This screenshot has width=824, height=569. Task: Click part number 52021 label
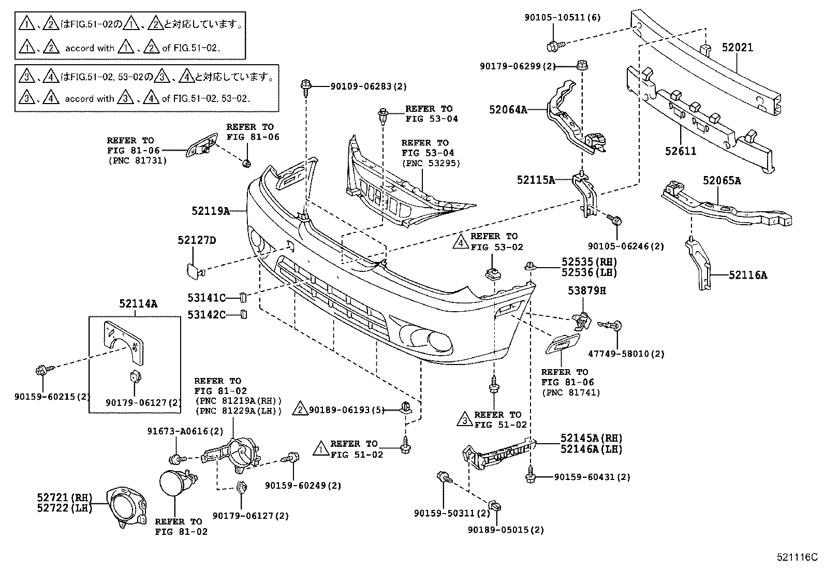click(x=738, y=48)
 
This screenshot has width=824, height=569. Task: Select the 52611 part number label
click(x=681, y=151)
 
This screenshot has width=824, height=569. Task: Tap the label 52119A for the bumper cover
click(x=210, y=211)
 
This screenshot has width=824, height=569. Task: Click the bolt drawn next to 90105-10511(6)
click(x=552, y=46)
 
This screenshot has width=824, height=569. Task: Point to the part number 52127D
click(x=197, y=240)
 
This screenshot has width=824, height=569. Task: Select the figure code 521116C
click(x=797, y=557)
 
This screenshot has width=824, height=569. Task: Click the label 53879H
click(x=586, y=290)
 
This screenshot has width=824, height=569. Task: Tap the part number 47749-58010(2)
click(x=626, y=354)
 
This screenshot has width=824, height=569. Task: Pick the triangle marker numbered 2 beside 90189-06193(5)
click(x=300, y=410)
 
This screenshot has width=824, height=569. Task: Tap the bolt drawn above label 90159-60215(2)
click(x=42, y=371)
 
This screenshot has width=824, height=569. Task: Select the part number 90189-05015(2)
click(x=505, y=530)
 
